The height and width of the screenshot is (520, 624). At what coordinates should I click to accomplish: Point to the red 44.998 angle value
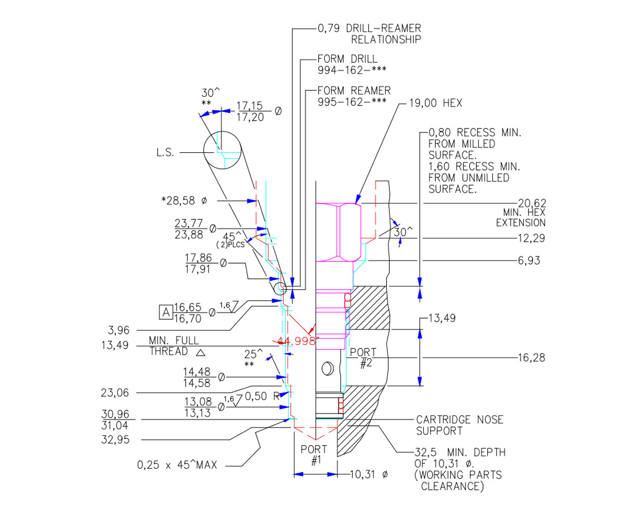(x=297, y=341)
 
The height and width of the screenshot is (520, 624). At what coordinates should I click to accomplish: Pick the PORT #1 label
(x=315, y=454)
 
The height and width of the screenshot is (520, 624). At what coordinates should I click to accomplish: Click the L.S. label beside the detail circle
(x=167, y=152)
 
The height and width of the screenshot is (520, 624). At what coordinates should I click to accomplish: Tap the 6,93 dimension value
(x=528, y=260)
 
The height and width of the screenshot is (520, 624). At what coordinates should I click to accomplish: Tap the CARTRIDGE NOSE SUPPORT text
(x=460, y=425)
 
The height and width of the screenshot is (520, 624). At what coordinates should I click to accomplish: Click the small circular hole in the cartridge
(x=327, y=369)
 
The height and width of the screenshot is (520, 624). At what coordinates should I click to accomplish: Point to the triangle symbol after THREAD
(x=201, y=353)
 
